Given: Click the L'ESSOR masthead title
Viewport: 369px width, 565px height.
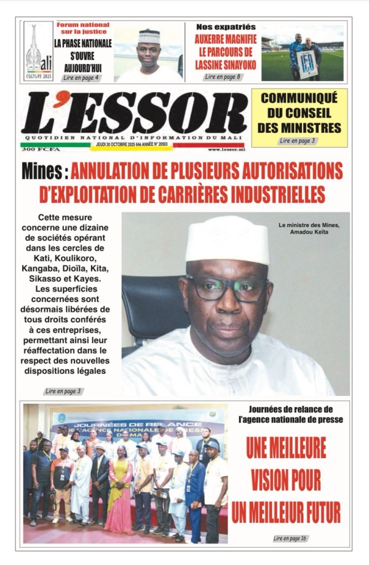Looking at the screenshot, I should [x=134, y=113].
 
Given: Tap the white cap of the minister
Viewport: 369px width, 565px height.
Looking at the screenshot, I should [x=227, y=239].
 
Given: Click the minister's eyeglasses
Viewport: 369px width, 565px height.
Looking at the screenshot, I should [x=227, y=288].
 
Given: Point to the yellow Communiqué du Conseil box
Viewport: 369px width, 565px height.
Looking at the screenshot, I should [x=299, y=117].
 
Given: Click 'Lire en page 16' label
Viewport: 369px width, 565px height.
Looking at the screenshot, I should [x=290, y=539].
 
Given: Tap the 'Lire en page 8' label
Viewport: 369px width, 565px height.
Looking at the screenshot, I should [x=222, y=77].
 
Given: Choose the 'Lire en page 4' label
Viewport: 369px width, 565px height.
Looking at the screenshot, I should [x=80, y=77].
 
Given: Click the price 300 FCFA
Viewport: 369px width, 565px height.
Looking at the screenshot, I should [x=36, y=149].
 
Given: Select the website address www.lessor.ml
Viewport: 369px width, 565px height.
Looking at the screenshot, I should [x=226, y=149].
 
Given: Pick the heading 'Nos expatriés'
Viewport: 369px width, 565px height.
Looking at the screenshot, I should [x=225, y=27].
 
